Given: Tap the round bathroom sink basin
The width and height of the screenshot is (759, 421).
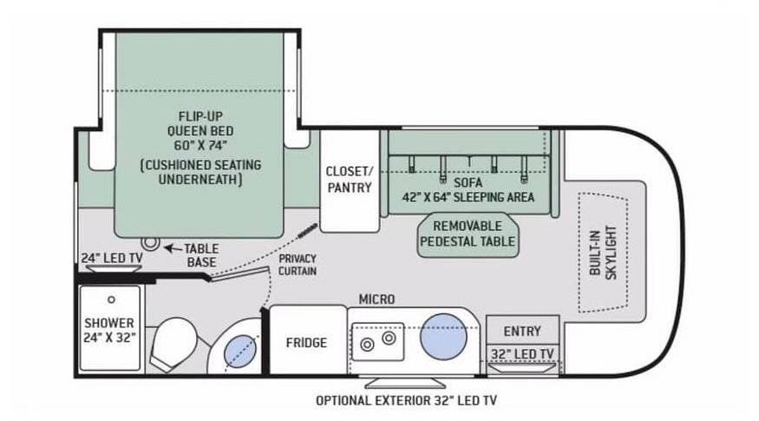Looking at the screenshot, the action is pyautogui.click(x=240, y=351).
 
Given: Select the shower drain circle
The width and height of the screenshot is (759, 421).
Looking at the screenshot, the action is pyautogui.click(x=111, y=299).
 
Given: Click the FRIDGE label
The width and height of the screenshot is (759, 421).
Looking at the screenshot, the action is pyautogui.click(x=306, y=343).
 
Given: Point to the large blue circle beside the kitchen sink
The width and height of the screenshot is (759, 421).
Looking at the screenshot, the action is pyautogui.click(x=443, y=337).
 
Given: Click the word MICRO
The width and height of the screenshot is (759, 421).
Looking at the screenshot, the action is pyautogui.click(x=376, y=299).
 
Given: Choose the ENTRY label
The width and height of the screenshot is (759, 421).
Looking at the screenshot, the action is pyautogui.click(x=522, y=332).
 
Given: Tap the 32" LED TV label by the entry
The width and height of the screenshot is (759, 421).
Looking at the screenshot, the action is pyautogui.click(x=522, y=354).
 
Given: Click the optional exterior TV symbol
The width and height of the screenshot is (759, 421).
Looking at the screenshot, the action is pyautogui.click(x=405, y=383).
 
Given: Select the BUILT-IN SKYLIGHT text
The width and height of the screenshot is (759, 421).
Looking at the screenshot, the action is pyautogui.click(x=603, y=252).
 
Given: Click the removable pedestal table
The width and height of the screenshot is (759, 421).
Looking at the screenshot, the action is pyautogui.click(x=468, y=234).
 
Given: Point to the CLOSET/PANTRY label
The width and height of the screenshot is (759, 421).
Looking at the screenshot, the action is pyautogui.click(x=349, y=180).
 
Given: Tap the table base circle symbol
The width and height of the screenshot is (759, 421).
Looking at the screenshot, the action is pyautogui.click(x=150, y=241).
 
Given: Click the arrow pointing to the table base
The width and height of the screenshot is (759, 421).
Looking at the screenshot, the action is pyautogui.click(x=173, y=248).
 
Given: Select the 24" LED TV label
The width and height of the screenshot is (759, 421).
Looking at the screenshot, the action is pyautogui.click(x=111, y=258).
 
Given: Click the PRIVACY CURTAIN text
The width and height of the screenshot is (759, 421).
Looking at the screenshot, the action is pyautogui.click(x=298, y=265).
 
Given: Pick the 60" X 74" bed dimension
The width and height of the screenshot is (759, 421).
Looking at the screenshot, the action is pyautogui.click(x=200, y=145).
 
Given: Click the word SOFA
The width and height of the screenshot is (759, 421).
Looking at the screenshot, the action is pyautogui.click(x=468, y=182).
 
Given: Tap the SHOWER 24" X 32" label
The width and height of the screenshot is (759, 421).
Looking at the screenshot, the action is pyautogui.click(x=109, y=330).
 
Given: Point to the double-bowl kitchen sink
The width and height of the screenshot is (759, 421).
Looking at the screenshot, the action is pyautogui.click(x=378, y=341).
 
